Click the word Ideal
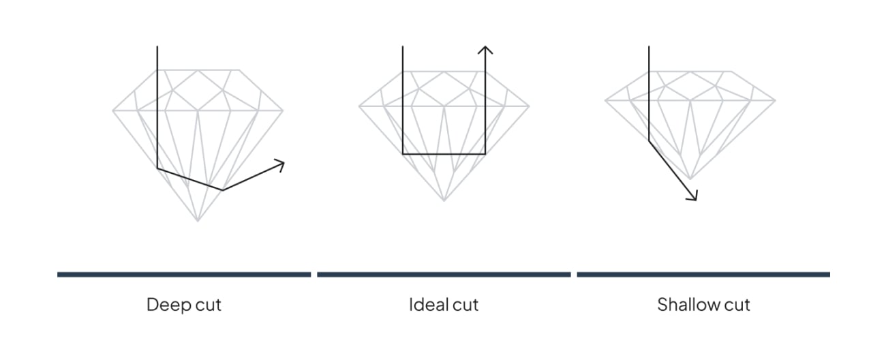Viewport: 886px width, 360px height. (x=429, y=305)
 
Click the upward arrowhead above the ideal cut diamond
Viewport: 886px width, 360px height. (x=485, y=50)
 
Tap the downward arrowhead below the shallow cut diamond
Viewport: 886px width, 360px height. (x=692, y=196)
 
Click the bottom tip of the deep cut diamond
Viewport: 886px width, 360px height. (x=198, y=221)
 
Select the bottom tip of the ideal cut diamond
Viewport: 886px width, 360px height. (x=444, y=200)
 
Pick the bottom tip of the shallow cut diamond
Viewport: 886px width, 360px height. (x=690, y=179)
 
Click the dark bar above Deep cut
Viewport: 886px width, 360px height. (x=184, y=275)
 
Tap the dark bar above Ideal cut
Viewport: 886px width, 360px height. (x=444, y=275)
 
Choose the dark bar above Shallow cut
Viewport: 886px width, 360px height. (x=703, y=275)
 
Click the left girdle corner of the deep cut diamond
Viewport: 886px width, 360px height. (x=113, y=110)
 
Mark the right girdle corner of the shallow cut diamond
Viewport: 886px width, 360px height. (x=775, y=100)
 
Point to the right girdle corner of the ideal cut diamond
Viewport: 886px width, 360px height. (x=529, y=106)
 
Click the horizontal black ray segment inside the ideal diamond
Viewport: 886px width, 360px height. (x=444, y=153)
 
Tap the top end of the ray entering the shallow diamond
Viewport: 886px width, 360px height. (x=649, y=46)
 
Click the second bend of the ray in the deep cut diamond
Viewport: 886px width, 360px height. (x=222, y=190)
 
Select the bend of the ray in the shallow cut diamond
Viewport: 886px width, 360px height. (x=649, y=141)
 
